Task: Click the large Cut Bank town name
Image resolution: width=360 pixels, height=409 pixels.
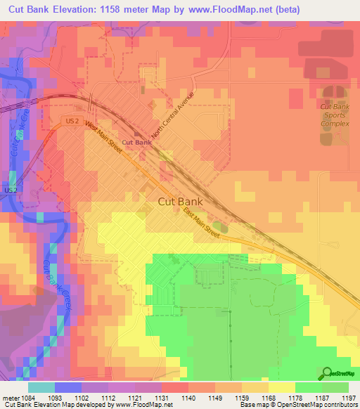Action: [x=180, y=201]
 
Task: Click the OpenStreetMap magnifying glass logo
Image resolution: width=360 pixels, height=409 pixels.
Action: [x=328, y=373]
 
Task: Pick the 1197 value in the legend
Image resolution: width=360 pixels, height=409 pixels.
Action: [x=349, y=397]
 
